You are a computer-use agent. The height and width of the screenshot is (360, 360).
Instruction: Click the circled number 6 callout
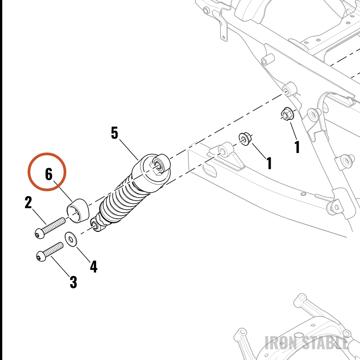[47, 172]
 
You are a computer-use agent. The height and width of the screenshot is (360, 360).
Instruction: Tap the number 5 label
[114, 133]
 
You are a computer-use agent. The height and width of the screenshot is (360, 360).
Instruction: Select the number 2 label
[28, 202]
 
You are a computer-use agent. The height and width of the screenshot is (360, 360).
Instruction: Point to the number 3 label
[73, 282]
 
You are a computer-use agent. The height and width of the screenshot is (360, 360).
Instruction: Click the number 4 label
[94, 266]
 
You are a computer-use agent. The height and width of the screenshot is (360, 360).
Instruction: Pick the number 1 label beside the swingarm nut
[269, 163]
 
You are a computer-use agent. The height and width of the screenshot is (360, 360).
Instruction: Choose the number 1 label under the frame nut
[297, 147]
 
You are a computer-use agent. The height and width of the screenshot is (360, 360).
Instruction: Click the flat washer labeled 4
[71, 239]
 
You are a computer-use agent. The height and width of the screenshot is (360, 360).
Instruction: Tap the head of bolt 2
[40, 233]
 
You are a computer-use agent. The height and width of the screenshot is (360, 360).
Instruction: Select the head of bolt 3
[41, 256]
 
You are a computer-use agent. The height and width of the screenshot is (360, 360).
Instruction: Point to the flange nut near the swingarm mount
[246, 139]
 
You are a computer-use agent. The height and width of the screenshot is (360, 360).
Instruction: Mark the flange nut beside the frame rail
[288, 113]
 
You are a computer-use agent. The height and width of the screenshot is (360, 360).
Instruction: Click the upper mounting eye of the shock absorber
[158, 165]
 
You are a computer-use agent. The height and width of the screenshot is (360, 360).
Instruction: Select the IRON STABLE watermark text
[307, 343]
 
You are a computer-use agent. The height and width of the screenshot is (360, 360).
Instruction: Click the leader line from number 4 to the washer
[84, 255]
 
